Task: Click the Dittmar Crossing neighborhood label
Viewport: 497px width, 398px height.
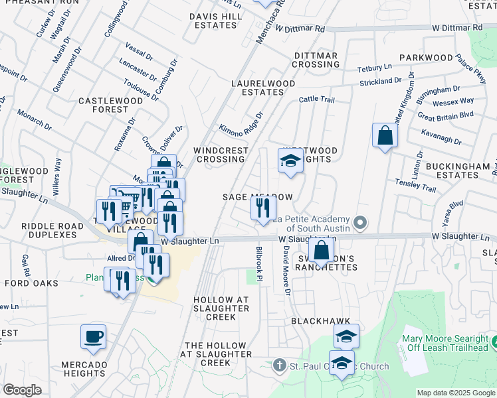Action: click(316, 60)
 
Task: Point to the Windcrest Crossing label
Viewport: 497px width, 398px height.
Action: click(221, 155)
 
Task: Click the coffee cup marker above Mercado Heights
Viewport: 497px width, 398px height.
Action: click(93, 336)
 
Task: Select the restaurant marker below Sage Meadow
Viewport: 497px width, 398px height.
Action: click(263, 209)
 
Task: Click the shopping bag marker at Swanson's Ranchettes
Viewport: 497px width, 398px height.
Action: click(321, 251)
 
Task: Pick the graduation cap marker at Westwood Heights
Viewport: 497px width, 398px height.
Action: click(290, 161)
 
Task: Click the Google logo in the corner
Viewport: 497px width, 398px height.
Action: click(22, 390)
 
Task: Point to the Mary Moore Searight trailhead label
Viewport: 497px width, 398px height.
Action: click(445, 343)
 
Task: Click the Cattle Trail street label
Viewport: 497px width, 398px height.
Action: click(316, 99)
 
